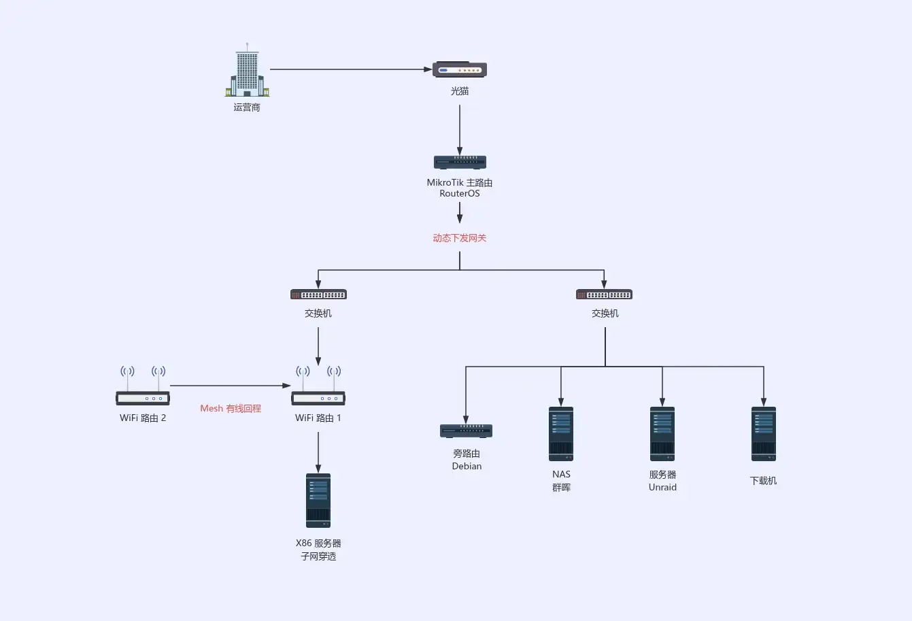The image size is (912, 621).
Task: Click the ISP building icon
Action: point(247,72)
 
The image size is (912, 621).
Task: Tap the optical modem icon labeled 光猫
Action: point(460,69)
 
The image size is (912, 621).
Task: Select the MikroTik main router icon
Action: point(460,163)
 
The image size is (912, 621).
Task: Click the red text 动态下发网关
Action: point(460,238)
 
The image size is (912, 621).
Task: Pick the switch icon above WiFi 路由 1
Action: point(318,295)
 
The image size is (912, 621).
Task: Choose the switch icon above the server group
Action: point(604,295)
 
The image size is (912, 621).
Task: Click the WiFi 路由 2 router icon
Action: point(143,388)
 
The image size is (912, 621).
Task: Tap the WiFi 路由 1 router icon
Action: point(318,388)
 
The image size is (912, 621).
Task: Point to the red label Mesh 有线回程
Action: point(231,409)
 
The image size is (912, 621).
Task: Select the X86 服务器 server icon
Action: point(318,501)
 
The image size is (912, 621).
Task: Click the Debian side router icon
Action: point(466,431)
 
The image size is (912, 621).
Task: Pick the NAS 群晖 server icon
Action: point(561,434)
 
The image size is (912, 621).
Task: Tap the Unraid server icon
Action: point(662,434)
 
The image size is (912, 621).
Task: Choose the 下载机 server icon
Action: point(764,434)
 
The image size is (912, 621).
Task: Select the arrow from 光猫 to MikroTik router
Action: point(460,129)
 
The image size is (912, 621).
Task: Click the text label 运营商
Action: point(247,107)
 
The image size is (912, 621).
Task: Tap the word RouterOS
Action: point(460,194)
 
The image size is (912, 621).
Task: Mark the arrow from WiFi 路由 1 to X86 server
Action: point(318,452)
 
